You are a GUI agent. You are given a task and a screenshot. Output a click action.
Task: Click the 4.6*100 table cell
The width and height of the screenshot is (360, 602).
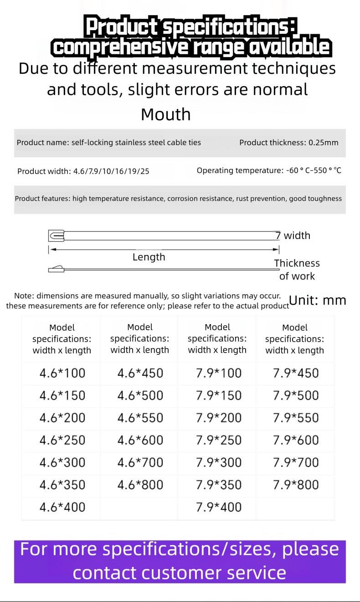click(62, 373)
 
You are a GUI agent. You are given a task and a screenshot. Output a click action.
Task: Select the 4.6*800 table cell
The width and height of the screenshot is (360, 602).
click(140, 485)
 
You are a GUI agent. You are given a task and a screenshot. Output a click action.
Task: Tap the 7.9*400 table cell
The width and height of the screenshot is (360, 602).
click(219, 507)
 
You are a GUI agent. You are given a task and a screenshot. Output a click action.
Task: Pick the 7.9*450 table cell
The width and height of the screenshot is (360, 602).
click(296, 373)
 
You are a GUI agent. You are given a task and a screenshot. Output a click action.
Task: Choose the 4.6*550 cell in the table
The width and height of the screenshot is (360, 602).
click(140, 418)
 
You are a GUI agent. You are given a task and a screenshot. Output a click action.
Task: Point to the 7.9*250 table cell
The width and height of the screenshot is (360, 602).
click(219, 440)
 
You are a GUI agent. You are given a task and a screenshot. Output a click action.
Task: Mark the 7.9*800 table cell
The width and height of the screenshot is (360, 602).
click(296, 485)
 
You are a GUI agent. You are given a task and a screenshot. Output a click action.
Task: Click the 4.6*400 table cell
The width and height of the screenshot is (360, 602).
click(62, 507)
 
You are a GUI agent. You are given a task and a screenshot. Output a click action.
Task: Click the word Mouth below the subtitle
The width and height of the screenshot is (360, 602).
click(166, 114)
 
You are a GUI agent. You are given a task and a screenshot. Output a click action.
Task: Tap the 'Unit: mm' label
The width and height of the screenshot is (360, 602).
click(318, 300)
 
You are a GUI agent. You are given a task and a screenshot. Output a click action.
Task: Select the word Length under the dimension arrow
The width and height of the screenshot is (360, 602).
click(149, 257)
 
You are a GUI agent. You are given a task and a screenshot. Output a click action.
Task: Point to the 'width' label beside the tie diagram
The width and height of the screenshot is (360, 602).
click(297, 236)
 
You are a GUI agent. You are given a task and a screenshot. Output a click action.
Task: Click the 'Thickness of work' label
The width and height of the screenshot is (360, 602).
click(297, 270)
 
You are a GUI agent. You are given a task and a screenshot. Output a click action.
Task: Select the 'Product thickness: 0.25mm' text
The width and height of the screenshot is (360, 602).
click(289, 143)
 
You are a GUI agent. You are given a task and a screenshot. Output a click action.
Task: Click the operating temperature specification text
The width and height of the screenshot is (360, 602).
click(269, 171)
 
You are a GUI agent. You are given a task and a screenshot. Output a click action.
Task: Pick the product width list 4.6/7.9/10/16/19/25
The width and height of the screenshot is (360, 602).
click(83, 171)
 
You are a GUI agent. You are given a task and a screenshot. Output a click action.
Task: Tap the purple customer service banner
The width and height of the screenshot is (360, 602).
click(180, 561)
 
